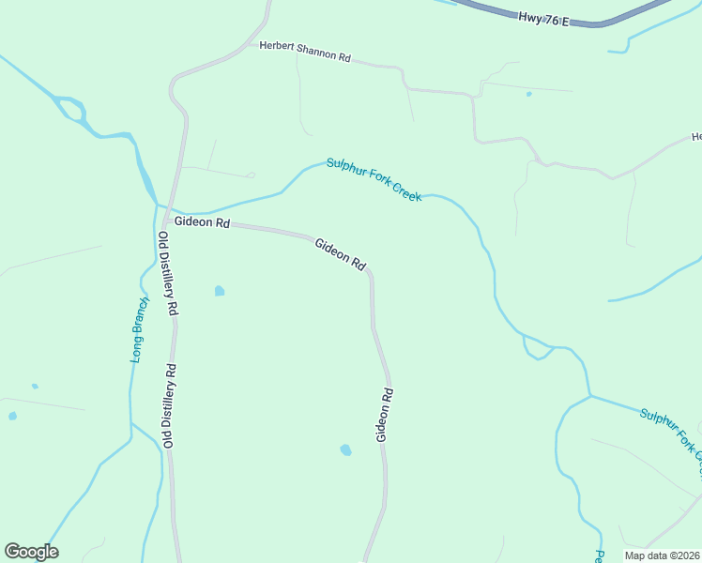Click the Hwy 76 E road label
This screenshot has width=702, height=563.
click(543, 18)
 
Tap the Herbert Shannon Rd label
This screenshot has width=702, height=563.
click(305, 51)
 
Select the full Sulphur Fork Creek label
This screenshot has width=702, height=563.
click(374, 178)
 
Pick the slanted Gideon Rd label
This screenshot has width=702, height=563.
click(340, 253)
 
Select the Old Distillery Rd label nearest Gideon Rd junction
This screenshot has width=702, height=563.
click(168, 273)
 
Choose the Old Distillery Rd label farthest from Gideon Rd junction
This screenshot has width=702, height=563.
click(169, 405)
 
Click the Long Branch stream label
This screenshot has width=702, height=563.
click(139, 330)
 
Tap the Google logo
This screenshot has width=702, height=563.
click(31, 552)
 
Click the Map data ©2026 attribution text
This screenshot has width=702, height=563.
click(661, 555)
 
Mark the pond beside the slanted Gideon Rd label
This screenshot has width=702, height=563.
click(220, 291)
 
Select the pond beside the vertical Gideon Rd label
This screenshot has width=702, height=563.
click(345, 450)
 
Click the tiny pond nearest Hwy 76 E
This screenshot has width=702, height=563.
click(529, 94)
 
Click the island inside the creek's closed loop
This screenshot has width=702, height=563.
click(71, 111)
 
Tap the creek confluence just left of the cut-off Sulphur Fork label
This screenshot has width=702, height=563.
click(590, 396)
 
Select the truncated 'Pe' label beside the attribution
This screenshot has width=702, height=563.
click(600, 555)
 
